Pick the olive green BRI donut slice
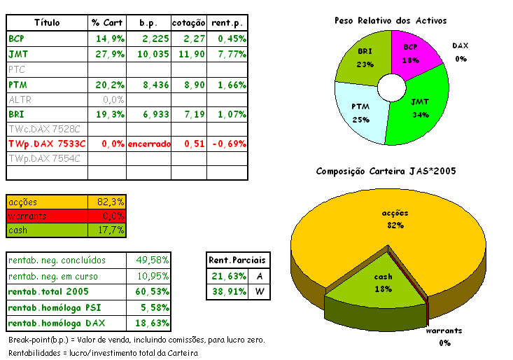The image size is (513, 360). (x=363, y=60)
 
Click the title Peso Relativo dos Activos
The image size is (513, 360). (x=391, y=21)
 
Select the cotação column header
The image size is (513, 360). (x=189, y=22)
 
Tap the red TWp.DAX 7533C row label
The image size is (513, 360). (x=46, y=144)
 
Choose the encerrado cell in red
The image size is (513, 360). (x=148, y=144)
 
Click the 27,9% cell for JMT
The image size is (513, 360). (x=108, y=53)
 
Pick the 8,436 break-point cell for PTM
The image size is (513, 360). (x=148, y=84)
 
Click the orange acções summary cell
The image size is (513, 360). (x=48, y=202)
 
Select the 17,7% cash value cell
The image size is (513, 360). (x=108, y=230)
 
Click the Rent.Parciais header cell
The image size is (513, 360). (x=238, y=261)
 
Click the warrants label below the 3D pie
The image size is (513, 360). (x=444, y=331)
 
